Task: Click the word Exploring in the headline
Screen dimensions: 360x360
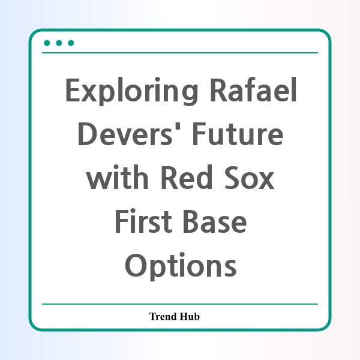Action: point(131,91)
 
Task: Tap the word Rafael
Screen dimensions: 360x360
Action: point(253,89)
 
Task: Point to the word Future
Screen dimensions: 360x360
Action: point(238,134)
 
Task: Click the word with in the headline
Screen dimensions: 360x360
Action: point(117,177)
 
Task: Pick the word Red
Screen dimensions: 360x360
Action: point(187,177)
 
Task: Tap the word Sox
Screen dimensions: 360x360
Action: point(250,178)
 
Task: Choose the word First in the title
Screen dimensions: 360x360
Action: point(143,221)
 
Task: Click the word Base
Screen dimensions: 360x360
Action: point(215,221)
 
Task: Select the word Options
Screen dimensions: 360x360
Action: point(181,266)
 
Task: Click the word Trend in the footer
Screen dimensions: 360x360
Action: point(163,316)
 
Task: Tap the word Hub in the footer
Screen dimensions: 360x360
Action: point(190,316)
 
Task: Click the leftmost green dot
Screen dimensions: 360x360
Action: point(47,43)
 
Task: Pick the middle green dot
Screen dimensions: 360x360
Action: point(59,43)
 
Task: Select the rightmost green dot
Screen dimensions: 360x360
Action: point(71,43)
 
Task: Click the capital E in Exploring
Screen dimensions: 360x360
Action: point(73,90)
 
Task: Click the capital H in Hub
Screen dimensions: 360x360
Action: point(184,316)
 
